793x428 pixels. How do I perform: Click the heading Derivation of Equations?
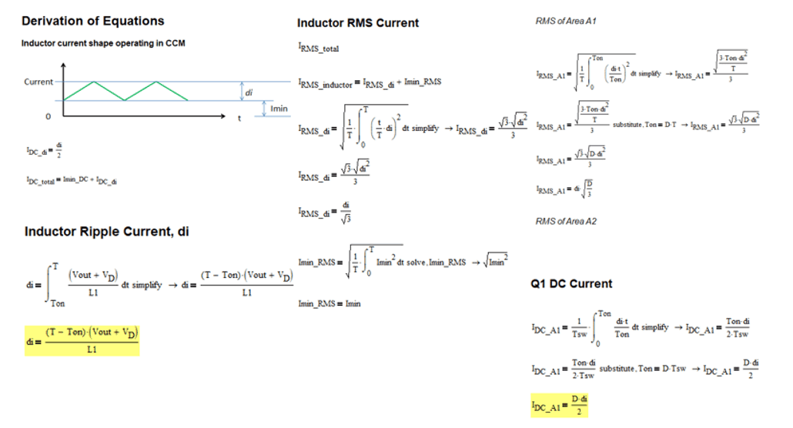(92, 21)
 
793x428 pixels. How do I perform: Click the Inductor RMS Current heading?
(358, 23)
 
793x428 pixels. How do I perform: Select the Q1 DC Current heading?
(571, 283)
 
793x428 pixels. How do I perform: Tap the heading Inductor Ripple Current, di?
(106, 232)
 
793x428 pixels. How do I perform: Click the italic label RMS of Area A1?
(566, 21)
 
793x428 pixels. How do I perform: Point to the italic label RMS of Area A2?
(566, 222)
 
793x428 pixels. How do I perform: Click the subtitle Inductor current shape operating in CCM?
(102, 43)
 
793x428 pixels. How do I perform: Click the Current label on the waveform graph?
(38, 82)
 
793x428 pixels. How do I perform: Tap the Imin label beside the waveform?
(279, 109)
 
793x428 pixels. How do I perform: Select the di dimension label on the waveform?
(248, 92)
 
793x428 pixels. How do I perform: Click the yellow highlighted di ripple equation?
(82, 339)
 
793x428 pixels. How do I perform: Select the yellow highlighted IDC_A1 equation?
(559, 404)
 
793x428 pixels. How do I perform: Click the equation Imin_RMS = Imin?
(329, 303)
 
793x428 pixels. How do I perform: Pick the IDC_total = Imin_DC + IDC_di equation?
(70, 180)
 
